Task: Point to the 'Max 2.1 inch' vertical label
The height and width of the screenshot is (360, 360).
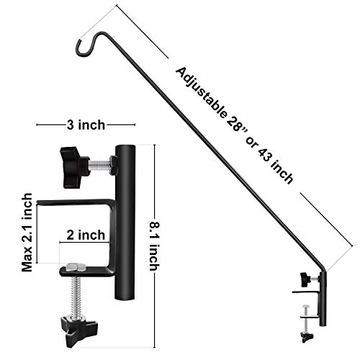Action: (27, 231)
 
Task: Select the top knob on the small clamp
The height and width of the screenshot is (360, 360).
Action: (305, 277)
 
